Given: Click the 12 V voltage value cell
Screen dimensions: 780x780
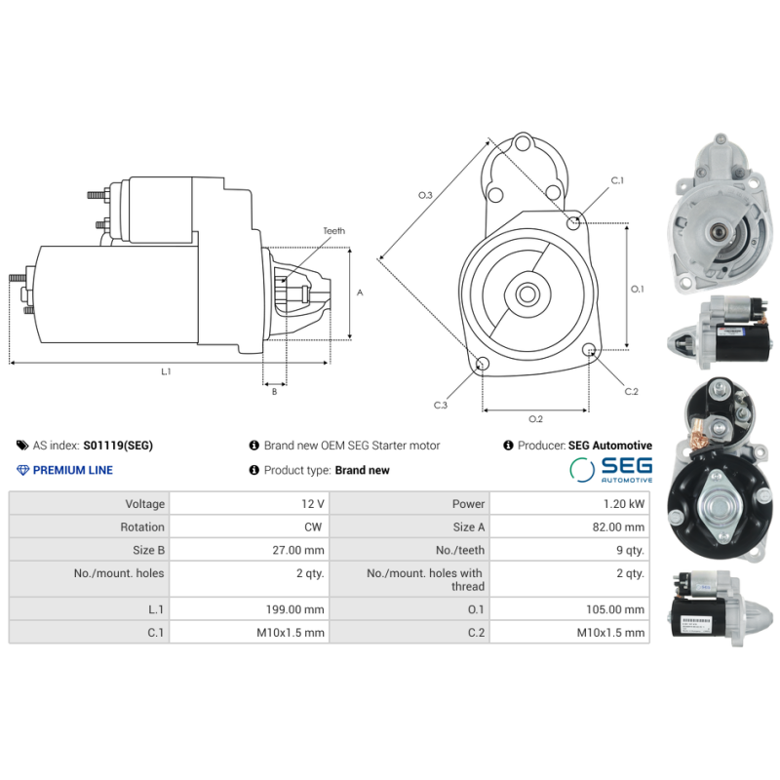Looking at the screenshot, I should tap(313, 504).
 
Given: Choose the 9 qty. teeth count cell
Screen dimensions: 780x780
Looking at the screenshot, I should tap(629, 550).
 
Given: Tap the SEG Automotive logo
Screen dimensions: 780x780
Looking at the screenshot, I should tap(611, 470).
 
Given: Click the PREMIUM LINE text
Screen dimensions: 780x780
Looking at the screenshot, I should tap(72, 470).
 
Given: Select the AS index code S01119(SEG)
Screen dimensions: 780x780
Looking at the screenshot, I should tap(118, 446).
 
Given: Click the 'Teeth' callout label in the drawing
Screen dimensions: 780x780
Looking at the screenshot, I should tap(333, 231).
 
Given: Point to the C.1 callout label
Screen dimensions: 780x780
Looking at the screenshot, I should tap(617, 181).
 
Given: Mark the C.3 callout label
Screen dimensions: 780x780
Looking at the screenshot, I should tap(441, 406).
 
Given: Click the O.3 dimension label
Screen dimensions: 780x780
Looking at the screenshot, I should tap(425, 196).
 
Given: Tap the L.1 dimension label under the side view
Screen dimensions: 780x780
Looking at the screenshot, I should tap(167, 371).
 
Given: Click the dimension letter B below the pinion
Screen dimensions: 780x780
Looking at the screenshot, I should tap(274, 392).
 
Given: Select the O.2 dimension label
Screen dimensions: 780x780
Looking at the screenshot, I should tap(535, 419).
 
